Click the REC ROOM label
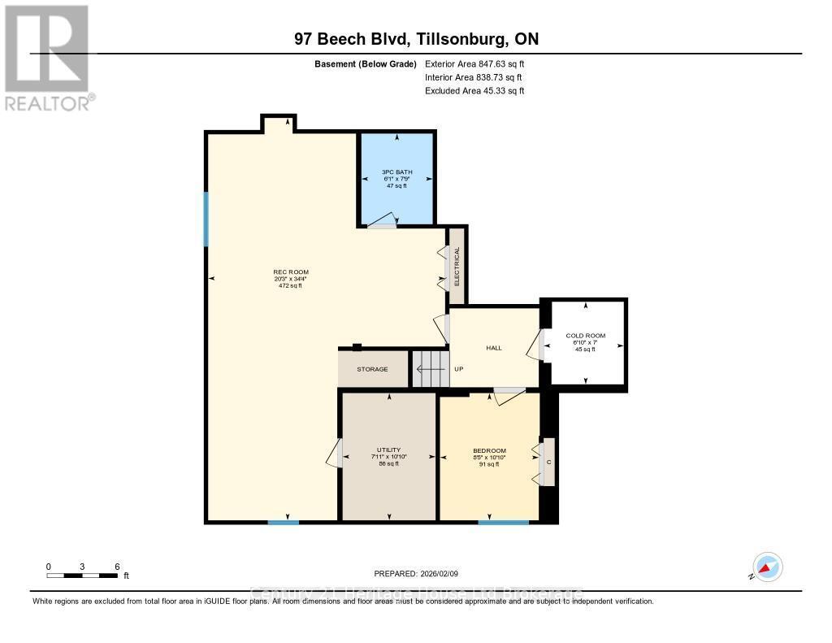click(291, 272)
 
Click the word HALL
click(493, 348)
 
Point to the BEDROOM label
click(489, 451)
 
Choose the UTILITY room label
click(388, 450)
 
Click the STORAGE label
click(372, 369)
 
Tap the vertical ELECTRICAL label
click(457, 266)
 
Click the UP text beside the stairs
click(458, 369)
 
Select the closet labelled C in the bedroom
click(548, 462)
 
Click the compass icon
click(767, 567)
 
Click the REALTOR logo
click(49, 57)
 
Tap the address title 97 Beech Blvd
click(416, 39)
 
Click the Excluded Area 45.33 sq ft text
click(474, 91)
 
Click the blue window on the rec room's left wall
click(206, 219)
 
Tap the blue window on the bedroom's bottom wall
click(504, 522)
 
